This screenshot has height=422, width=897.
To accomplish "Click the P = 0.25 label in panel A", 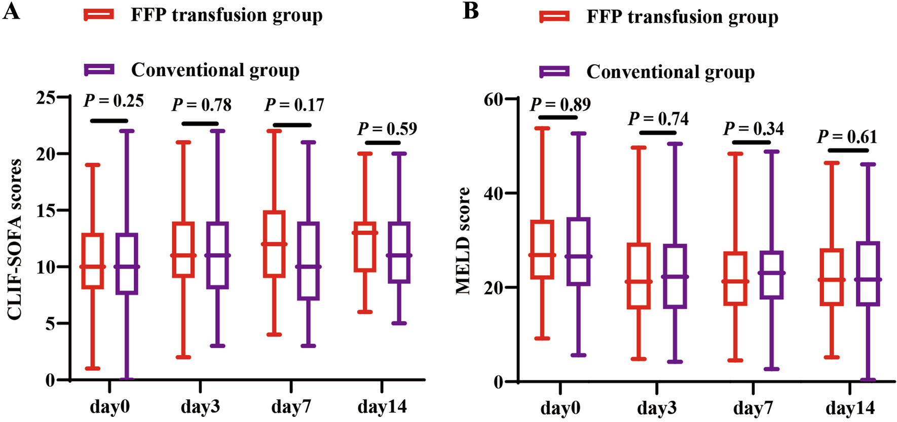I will tap(114, 101).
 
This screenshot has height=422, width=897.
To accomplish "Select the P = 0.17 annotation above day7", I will tap(294, 105).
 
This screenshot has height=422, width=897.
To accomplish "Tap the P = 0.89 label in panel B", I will tap(560, 104).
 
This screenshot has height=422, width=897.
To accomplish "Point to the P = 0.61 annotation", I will tap(847, 137).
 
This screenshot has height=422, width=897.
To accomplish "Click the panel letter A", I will tap(11, 11).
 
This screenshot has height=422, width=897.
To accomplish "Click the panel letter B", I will tap(471, 11).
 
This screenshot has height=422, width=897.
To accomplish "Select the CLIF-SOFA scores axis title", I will tap(15, 239).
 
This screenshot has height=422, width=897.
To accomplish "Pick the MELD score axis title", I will tap(463, 241).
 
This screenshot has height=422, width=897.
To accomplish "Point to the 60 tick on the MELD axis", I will tap(494, 100).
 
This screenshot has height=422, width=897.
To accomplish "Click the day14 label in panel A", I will tap(382, 406).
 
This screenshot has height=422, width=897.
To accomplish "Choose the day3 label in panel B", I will tap(657, 408).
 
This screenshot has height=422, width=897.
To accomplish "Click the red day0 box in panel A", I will tap(93, 261).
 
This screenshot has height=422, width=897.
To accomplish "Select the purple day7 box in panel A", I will tap(309, 260).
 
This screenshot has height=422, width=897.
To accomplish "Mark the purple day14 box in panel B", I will tap(868, 274).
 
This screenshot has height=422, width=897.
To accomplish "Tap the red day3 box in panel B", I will tap(639, 276).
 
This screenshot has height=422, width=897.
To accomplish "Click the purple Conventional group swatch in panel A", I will tap(99, 70).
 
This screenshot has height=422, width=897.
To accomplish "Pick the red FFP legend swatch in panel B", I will tap(555, 17).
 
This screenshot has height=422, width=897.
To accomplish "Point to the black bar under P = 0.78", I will tap(200, 124).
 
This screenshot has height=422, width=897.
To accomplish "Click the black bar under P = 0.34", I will tap(751, 142).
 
